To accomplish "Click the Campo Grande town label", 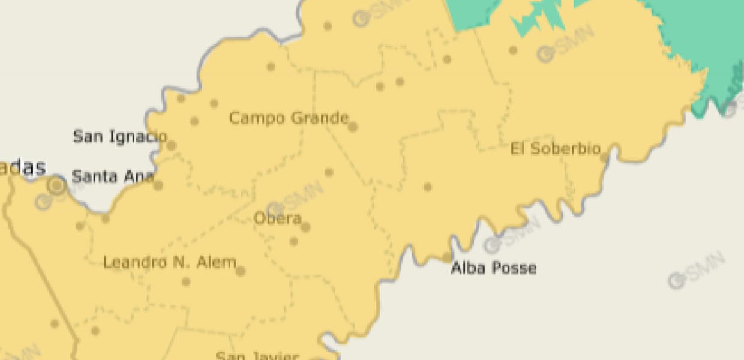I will point(289,118).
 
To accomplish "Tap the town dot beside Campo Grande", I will point(353,127).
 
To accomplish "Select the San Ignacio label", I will point(119,136).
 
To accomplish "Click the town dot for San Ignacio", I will point(172,145).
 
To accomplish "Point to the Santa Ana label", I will point(113,176).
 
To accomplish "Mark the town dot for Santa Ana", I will point(158,185).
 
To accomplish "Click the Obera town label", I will point(277,218).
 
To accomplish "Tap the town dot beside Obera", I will point(305,227).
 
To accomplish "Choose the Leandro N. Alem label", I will point(170,262).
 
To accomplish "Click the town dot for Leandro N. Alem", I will point(241,271).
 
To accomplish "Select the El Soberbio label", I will point(556,149).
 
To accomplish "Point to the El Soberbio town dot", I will point(604,158).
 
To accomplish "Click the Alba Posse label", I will point(494,268).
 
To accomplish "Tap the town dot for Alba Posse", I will point(446,257).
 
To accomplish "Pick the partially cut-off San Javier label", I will point(257,355).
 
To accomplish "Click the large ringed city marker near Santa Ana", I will point(57,185).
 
